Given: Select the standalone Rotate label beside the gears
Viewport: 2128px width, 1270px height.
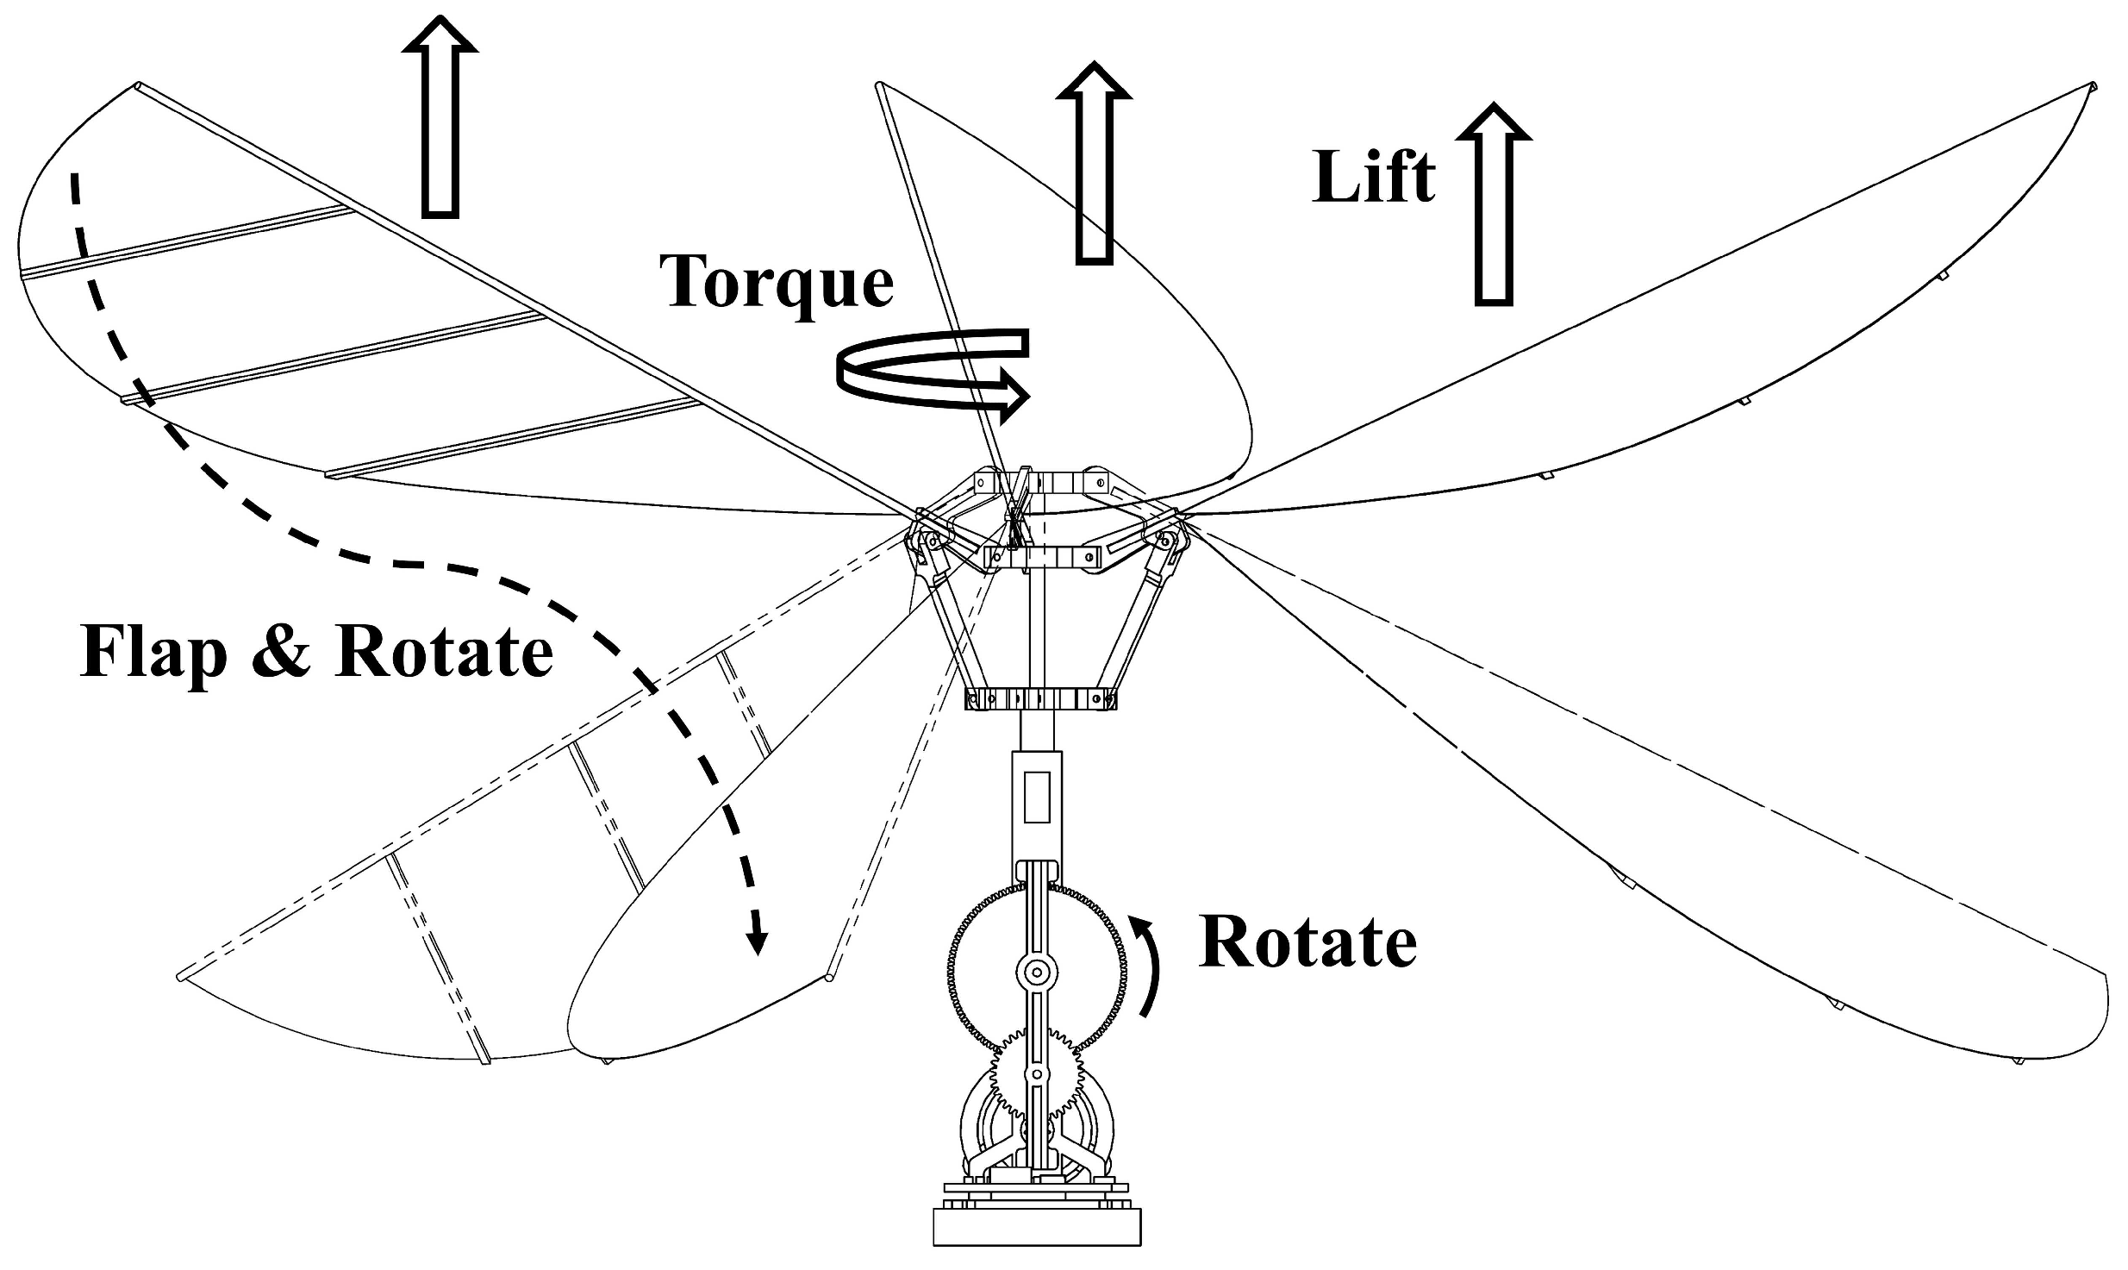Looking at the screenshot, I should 1307,943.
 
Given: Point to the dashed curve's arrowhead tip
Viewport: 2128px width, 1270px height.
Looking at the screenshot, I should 758,953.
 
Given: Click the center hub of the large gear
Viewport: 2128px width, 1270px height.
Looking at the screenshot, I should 1037,973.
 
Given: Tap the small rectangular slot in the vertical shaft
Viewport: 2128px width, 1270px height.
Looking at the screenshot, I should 1037,798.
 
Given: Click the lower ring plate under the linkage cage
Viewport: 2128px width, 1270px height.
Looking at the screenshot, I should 1040,698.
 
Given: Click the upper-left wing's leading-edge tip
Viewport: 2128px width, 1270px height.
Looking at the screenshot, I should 138,85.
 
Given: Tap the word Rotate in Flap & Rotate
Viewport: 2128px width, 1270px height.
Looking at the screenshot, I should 444,653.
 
